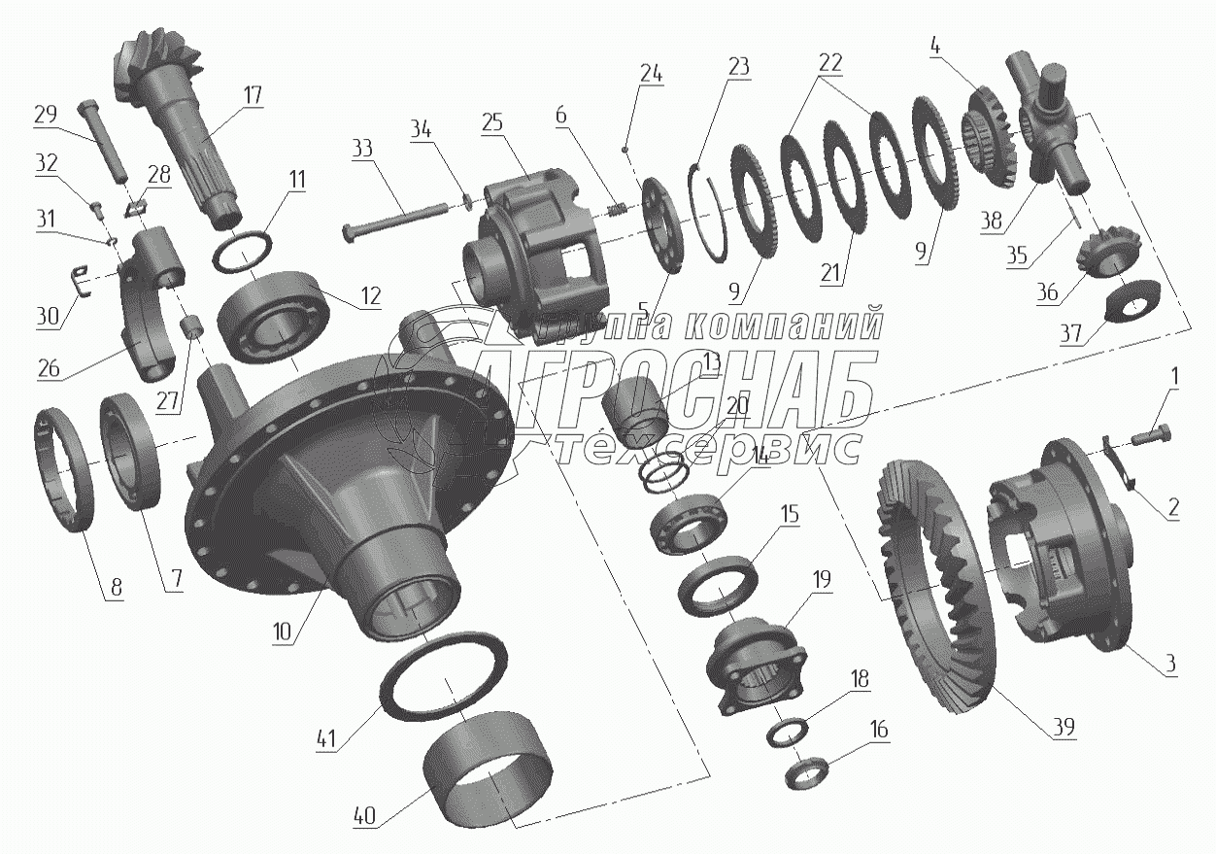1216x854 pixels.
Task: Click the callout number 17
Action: click(x=253, y=95)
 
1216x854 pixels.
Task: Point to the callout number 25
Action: click(x=491, y=123)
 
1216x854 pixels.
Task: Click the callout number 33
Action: click(x=362, y=148)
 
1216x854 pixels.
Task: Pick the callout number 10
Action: click(x=283, y=632)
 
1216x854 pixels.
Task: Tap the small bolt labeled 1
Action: click(x=1150, y=435)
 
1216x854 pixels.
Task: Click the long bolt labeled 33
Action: click(x=394, y=223)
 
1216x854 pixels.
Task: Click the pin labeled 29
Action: click(x=104, y=140)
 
